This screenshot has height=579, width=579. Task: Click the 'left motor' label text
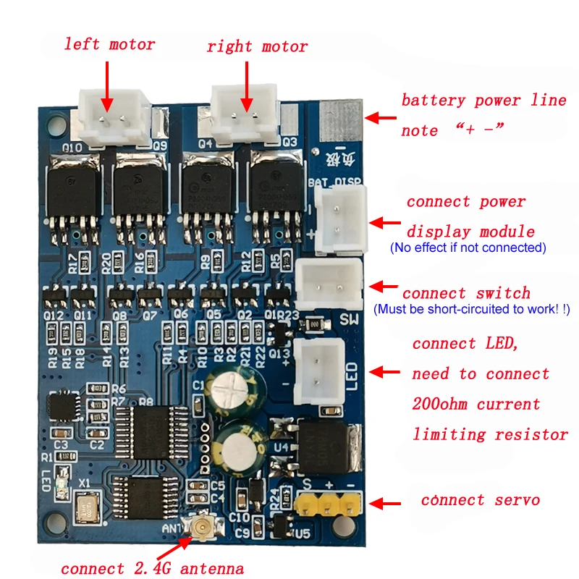coord(109,44)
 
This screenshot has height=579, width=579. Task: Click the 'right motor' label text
coord(257,46)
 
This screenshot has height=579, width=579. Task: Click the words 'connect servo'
coord(480,500)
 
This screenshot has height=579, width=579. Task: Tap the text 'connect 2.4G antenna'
coord(152,568)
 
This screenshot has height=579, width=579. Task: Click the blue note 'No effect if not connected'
coord(468,248)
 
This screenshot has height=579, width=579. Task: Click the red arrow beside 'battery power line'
coord(381,118)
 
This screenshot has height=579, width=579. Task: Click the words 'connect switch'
coord(466,293)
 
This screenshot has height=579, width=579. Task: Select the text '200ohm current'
coord(476,403)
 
